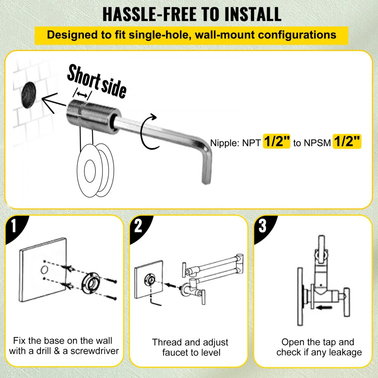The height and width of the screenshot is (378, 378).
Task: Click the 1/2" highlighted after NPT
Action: [x=277, y=142]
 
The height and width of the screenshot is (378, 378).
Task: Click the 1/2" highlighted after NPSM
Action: [x=347, y=142]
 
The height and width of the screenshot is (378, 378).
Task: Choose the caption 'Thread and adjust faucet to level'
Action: [x=190, y=347]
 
